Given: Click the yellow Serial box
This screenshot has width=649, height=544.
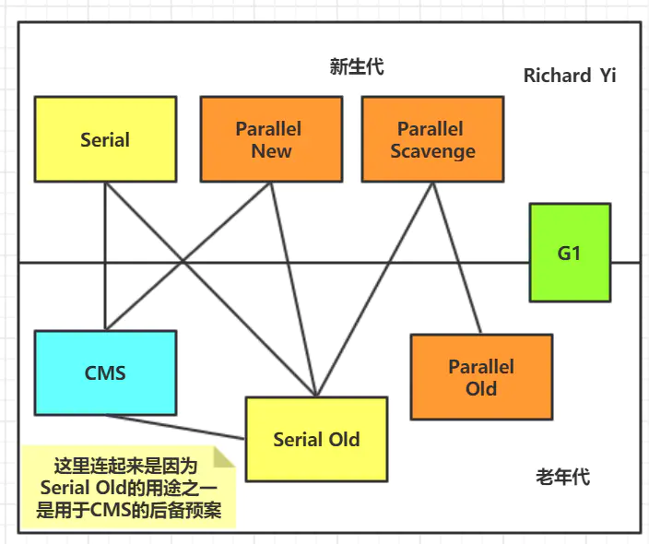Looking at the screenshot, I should pyautogui.click(x=105, y=139).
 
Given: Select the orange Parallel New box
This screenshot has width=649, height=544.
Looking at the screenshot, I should pyautogui.click(x=271, y=139).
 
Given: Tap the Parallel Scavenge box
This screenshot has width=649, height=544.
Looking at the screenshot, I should pyautogui.click(x=432, y=139).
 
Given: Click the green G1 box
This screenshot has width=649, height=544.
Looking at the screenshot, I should pyautogui.click(x=569, y=252).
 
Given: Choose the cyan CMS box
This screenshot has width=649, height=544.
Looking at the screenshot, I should pyautogui.click(x=105, y=373).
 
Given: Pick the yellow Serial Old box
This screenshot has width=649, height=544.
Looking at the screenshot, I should pyautogui.click(x=315, y=439).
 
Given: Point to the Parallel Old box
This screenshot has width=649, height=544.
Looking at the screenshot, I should pyautogui.click(x=480, y=377).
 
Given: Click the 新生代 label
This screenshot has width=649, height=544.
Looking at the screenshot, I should pyautogui.click(x=357, y=66).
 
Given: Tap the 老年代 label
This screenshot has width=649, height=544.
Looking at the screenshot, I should pyautogui.click(x=562, y=477).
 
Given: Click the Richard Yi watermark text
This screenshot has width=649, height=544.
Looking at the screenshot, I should pyautogui.click(x=569, y=76).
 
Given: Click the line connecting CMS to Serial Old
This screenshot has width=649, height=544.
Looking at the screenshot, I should pyautogui.click(x=175, y=426).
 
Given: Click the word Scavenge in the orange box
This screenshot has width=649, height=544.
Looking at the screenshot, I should pyautogui.click(x=432, y=151).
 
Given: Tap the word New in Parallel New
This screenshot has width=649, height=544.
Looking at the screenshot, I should pyautogui.click(x=271, y=151).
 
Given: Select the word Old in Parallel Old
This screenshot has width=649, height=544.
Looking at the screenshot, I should pyautogui.click(x=480, y=388).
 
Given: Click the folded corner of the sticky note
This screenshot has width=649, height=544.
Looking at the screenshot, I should pyautogui.click(x=225, y=457).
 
